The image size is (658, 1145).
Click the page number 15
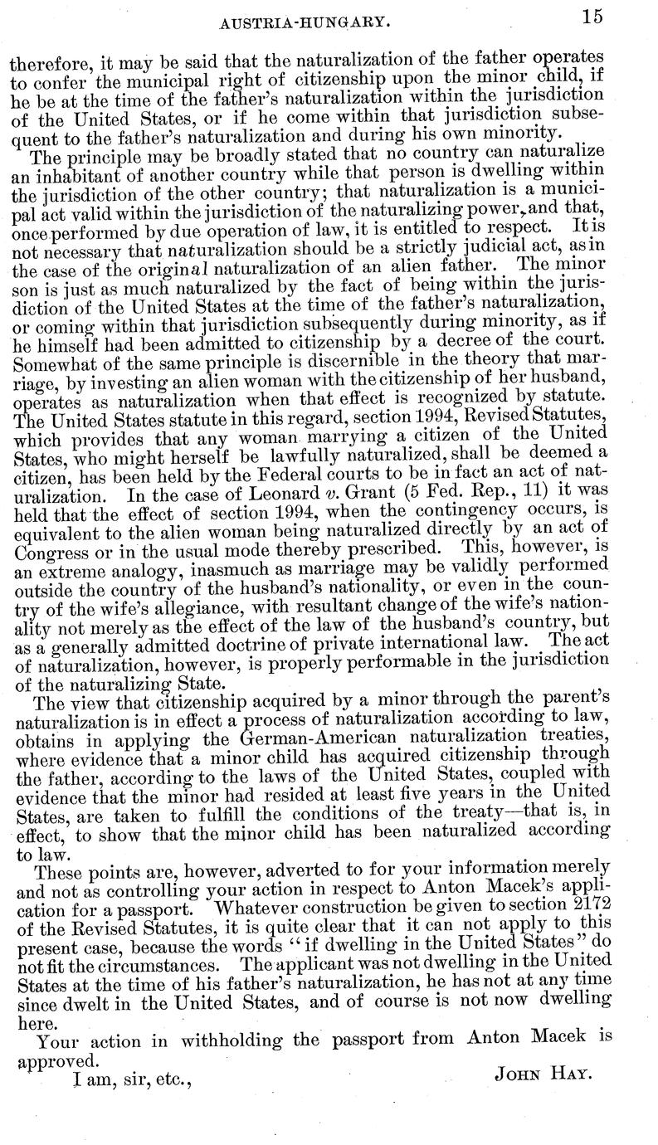(592, 17)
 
